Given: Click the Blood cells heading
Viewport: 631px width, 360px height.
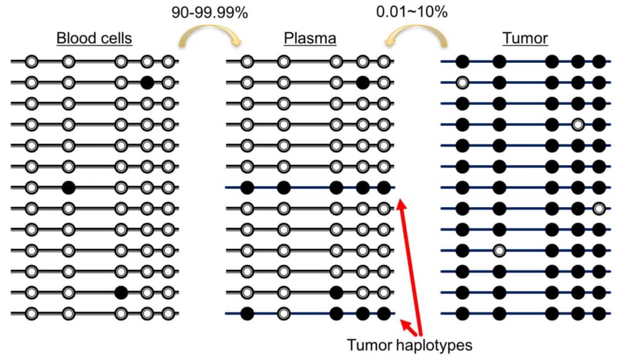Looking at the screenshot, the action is (x=94, y=38).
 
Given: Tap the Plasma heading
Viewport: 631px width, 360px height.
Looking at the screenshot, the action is (x=310, y=38).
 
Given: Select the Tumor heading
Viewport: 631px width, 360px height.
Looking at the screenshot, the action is (x=525, y=38).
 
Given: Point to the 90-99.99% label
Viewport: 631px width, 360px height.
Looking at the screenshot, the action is (x=210, y=12).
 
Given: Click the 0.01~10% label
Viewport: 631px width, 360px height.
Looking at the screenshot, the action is (x=412, y=12).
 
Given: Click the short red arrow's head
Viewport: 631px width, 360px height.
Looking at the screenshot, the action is (x=401, y=321).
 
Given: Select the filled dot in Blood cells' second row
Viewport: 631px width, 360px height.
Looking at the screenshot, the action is (x=147, y=83).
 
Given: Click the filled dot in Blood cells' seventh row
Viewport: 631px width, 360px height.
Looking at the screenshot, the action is (x=68, y=187).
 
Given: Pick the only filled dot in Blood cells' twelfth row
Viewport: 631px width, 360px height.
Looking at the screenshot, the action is (x=121, y=292).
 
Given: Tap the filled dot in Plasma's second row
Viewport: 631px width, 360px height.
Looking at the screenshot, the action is (x=362, y=83).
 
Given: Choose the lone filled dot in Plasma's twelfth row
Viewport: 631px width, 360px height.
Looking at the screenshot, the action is (x=336, y=292).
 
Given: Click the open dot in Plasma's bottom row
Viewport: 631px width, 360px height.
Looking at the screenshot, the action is (x=284, y=313).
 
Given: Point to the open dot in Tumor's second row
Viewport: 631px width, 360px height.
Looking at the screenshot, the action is (x=462, y=83).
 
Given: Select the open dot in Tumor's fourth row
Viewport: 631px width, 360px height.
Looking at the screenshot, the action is (x=578, y=125).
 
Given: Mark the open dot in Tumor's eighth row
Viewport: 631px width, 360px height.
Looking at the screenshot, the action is (x=599, y=208).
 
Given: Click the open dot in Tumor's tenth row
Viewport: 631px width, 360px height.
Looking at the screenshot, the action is (x=499, y=250).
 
